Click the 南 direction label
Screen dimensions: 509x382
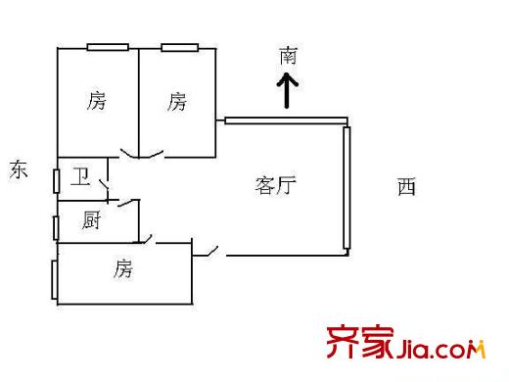(x=288, y=57)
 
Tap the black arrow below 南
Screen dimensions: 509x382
(x=288, y=94)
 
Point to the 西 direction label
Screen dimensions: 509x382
(x=406, y=186)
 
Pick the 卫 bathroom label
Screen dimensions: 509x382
(x=82, y=177)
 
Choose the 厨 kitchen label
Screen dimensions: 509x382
(x=91, y=221)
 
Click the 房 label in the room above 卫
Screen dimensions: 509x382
(x=96, y=100)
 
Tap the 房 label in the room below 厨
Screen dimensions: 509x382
(x=121, y=267)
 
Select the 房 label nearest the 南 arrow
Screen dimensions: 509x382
(x=176, y=100)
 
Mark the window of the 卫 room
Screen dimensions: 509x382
(x=56, y=179)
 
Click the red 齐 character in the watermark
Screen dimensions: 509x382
(x=342, y=344)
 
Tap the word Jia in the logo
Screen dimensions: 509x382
(x=417, y=349)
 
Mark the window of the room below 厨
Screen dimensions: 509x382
(x=55, y=279)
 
